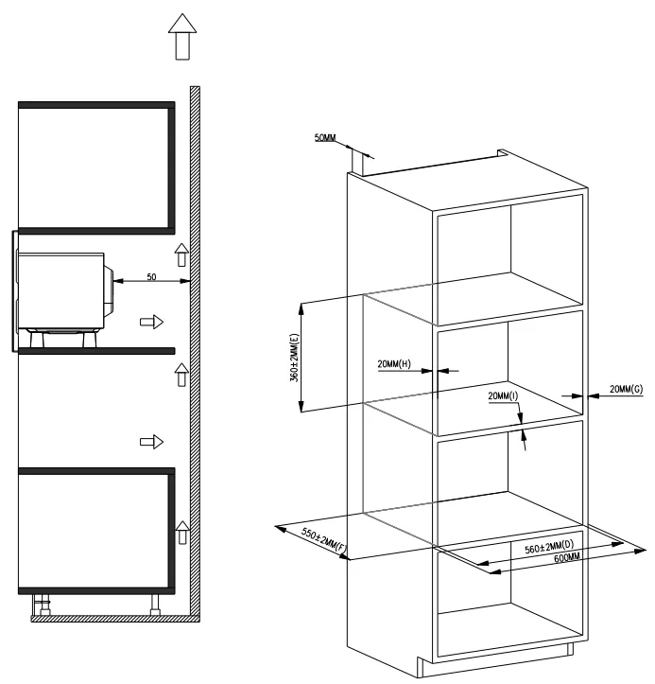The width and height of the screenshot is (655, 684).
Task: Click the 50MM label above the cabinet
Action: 325,138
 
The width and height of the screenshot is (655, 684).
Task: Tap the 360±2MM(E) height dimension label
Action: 295,358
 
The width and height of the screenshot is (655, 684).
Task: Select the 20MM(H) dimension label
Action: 394,364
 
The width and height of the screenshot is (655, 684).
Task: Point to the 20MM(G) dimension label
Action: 626,389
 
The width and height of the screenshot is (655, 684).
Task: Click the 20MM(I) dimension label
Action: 503,395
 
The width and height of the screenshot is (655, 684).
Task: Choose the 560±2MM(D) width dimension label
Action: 549,547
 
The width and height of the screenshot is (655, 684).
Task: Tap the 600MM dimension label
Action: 567,558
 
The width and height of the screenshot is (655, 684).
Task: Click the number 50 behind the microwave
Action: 151,277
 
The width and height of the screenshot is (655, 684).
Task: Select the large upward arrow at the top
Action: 182,37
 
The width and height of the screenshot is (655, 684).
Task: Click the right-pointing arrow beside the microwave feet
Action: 151,323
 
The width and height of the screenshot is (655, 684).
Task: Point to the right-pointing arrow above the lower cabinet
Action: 151,442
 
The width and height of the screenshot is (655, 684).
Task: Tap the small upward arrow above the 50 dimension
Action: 181,254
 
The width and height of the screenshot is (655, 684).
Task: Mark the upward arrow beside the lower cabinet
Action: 182,533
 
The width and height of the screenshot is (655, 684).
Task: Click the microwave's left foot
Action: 37,339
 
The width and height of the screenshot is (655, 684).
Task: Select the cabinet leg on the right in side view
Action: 155,605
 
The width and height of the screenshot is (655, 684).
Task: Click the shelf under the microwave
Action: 96,351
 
